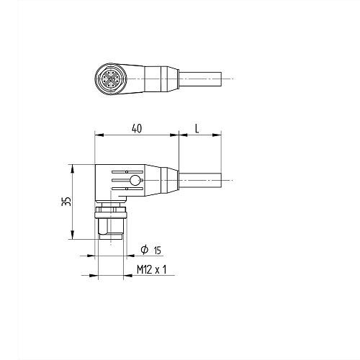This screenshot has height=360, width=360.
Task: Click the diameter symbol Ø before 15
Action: click(x=144, y=250)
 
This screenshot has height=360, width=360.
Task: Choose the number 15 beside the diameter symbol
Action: click(x=158, y=251)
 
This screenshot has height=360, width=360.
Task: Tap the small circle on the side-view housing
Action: click(x=135, y=180)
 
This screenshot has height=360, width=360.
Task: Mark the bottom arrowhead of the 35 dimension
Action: click(x=73, y=238)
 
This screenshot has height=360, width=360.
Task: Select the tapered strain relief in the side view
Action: click(x=162, y=179)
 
